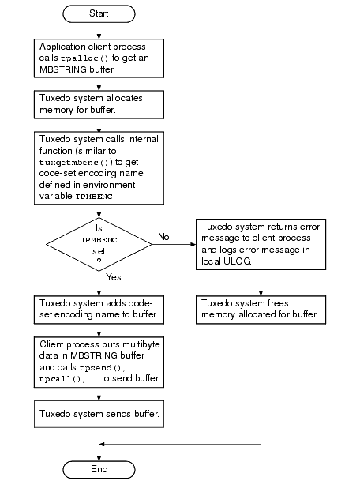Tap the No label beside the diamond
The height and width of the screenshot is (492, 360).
point(164,236)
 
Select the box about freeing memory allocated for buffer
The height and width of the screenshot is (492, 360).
point(261,309)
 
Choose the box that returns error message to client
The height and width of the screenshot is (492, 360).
point(261,243)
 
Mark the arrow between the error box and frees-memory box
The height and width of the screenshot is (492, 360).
point(261,281)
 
